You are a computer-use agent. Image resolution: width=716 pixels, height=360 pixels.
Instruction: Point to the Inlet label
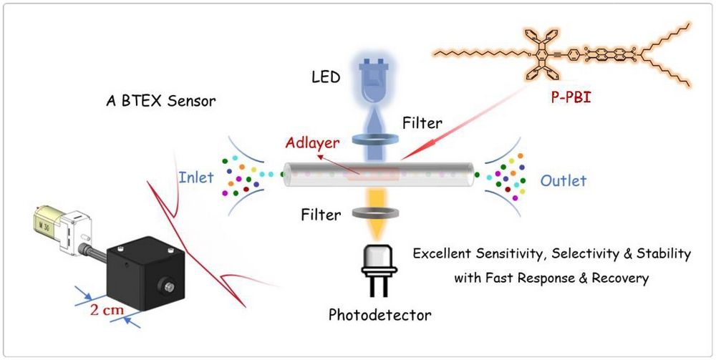195,177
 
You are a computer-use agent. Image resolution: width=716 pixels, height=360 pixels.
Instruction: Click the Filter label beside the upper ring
422,122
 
